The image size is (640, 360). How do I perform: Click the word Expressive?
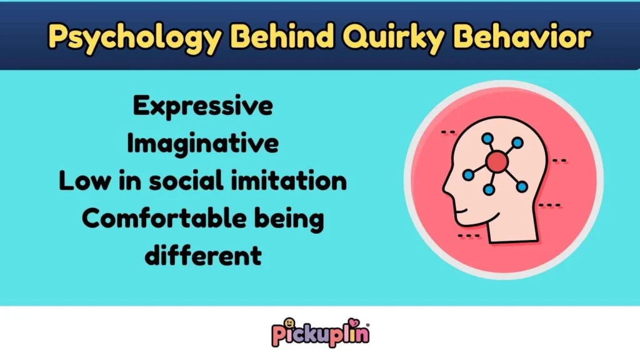tap(202, 106)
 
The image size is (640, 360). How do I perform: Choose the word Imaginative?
tap(202, 144)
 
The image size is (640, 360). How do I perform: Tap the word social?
tap(202, 181)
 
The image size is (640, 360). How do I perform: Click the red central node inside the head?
tap(496, 162)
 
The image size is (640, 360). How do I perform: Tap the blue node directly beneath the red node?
tap(489, 189)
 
